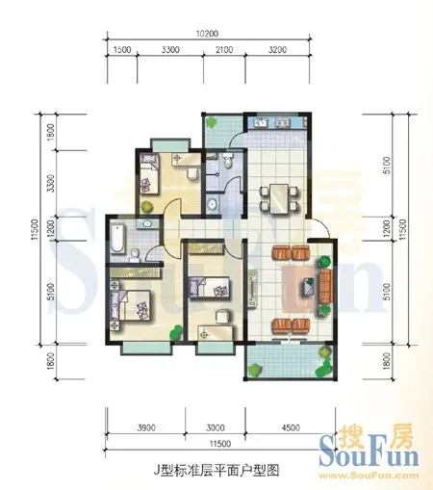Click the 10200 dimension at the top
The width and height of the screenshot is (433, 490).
pyautogui.click(x=207, y=34)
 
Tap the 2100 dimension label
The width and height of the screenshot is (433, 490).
pyautogui.click(x=224, y=50)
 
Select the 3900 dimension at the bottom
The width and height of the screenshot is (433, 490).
pyautogui.click(x=146, y=427)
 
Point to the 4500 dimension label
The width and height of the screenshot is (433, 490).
pyautogui.click(x=291, y=427)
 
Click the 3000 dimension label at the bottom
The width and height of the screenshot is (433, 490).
pyautogui.click(x=216, y=427)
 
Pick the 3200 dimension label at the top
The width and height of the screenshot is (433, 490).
pyautogui.click(x=277, y=50)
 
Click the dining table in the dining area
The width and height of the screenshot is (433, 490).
pyautogui.click(x=279, y=198)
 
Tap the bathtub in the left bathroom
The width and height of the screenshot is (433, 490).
pyautogui.click(x=116, y=238)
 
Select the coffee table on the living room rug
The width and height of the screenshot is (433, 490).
pyautogui.click(x=309, y=286)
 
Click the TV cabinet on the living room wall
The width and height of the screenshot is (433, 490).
pyautogui.click(x=253, y=289)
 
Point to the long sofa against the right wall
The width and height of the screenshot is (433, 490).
pyautogui.click(x=325, y=287)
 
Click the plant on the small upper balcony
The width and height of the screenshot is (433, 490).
pyautogui.click(x=212, y=122)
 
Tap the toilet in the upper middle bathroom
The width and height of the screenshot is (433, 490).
pyautogui.click(x=228, y=161)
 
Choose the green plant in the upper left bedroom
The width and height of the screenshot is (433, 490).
pyautogui.click(x=147, y=206)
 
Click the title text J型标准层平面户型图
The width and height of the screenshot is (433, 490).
pyautogui.click(x=216, y=470)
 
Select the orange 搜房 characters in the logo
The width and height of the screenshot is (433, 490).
pyautogui.click(x=375, y=436)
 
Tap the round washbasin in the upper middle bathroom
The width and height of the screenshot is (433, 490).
pyautogui.click(x=212, y=204)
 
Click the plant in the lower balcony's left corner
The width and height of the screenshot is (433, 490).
pyautogui.click(x=255, y=370)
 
